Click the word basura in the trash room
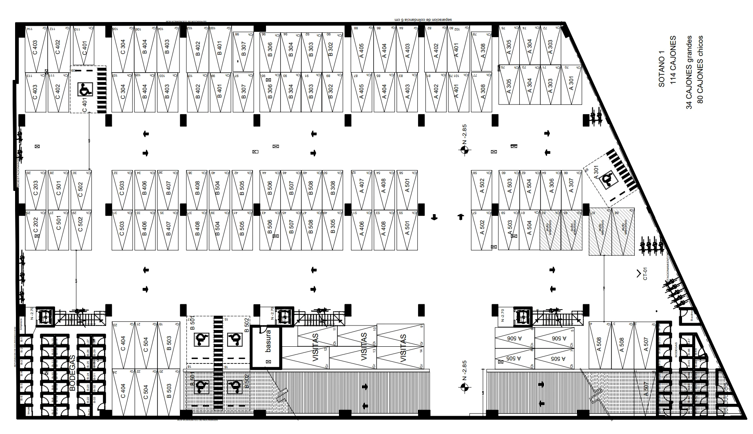pyautogui.click(x=268, y=341)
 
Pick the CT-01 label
pyautogui.click(x=645, y=274)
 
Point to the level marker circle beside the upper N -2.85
pyautogui.click(x=463, y=150)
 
